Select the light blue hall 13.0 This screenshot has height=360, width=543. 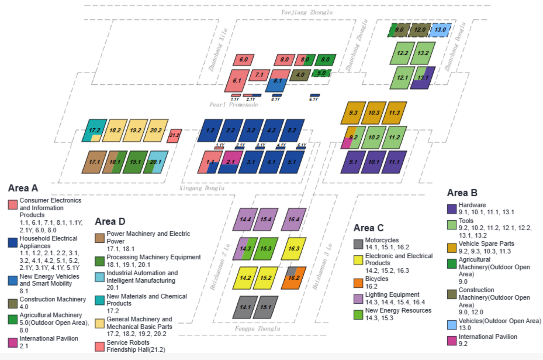click(441, 30)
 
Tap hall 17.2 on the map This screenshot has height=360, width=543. click(95, 131)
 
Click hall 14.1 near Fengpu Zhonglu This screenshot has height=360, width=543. click(245, 302)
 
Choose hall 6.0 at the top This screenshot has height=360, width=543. click(243, 60)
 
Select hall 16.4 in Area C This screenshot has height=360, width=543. click(295, 218)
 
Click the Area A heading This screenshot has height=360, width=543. click(23, 188)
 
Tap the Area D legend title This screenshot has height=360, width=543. click(109, 221)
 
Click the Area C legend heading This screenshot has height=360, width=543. click(369, 227)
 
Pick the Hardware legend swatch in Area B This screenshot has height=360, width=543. click(450, 206)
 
